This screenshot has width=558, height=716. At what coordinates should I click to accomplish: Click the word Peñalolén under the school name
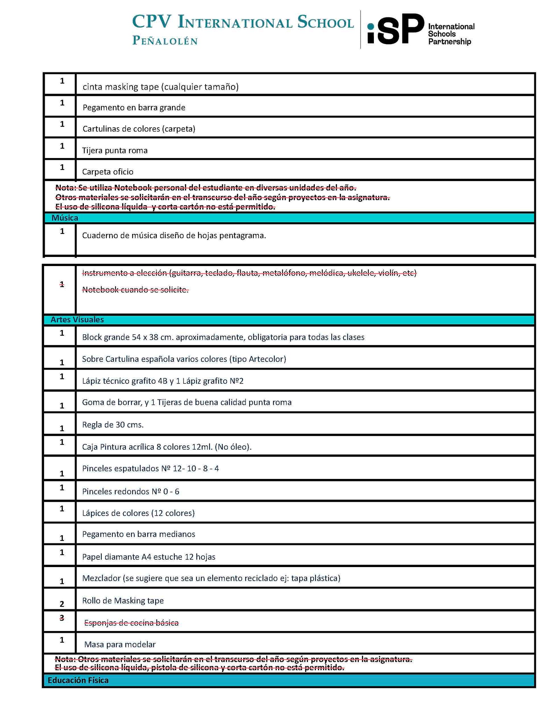coord(165,41)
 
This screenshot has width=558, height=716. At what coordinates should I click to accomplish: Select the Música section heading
coord(65,218)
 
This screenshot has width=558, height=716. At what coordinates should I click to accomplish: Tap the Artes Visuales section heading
coord(77,320)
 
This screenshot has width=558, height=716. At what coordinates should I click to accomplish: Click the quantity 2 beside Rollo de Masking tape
coord(62,604)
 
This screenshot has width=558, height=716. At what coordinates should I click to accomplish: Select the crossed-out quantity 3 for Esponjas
coord(62,618)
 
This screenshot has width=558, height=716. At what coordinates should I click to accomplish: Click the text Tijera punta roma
coord(115,151)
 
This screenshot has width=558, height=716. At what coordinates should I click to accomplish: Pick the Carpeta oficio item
coord(108,172)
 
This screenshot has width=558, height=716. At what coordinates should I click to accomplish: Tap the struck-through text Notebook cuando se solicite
coord(135,289)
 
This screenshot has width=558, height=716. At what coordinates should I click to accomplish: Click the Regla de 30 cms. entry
coord(113,425)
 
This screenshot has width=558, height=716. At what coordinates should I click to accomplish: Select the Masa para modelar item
coord(120,644)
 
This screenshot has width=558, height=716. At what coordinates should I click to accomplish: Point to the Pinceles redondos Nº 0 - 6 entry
coord(131,492)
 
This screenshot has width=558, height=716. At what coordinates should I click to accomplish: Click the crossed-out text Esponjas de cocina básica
coord(131,623)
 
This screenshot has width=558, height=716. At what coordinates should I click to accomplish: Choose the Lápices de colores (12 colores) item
coord(138,513)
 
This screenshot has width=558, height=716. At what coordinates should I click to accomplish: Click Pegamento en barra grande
coord(134,108)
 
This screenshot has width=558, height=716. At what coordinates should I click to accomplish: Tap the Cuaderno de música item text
coord(174,236)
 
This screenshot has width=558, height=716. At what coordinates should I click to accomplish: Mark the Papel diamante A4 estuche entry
coord(148,557)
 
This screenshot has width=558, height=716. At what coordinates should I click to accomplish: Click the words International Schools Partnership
coord(451,34)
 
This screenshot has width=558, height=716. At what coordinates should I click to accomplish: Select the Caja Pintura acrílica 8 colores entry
coord(167,447)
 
